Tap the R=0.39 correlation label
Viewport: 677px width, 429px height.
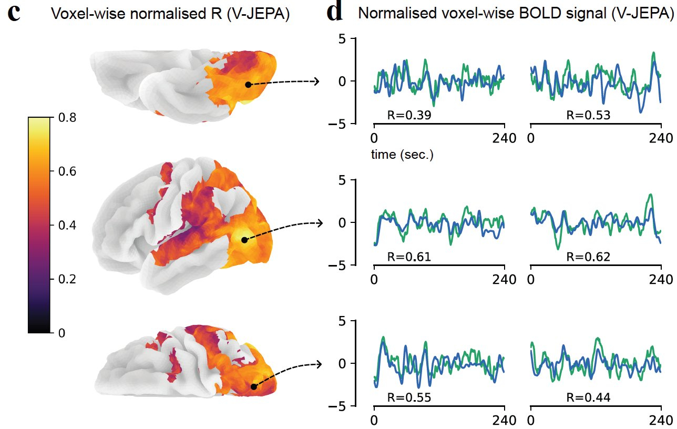point(409,115)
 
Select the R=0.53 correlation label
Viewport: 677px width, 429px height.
point(588,115)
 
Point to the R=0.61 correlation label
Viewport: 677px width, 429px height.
point(409,257)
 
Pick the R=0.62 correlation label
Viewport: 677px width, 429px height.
point(588,257)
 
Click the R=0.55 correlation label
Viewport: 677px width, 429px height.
point(409,397)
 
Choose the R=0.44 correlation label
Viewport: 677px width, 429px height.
point(588,397)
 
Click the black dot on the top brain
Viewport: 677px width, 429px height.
point(248,85)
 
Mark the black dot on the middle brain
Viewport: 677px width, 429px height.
point(244,240)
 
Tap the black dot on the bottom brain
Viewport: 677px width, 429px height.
point(254,387)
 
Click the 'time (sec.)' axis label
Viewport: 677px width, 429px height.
point(402,155)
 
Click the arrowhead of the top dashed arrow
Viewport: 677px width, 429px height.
point(317,81)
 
